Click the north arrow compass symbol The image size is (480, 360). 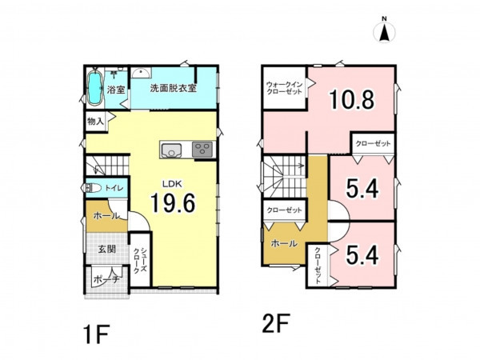point(384,32)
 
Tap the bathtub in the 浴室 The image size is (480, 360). point(95,88)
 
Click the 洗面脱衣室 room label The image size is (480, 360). point(173,88)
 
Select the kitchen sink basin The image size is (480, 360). point(171,150)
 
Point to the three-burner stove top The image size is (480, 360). point(202,150)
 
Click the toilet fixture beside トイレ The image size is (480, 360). point(93,188)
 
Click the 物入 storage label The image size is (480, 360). point(95,122)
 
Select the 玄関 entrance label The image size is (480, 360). point(107,249)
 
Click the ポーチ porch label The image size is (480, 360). point(106,279)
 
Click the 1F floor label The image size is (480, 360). point(96,334)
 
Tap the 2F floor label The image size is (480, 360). point(275,323)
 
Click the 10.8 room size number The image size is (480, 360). point(351,100)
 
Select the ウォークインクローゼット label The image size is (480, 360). point(284,88)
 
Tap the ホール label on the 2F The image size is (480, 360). point(284,244)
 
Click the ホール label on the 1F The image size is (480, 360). point(106,216)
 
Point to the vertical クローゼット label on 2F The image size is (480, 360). point(318,265)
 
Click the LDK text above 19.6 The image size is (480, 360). point(172,184)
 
